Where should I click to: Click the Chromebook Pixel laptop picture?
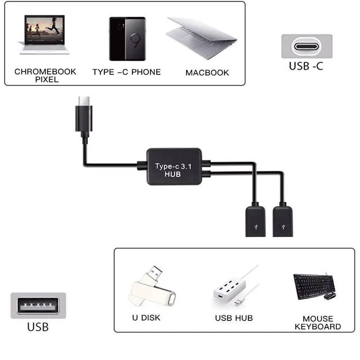click(44, 35)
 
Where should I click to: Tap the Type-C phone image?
click(127, 39)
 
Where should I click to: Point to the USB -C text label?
click(306, 67)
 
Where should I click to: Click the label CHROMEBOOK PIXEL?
click(45, 75)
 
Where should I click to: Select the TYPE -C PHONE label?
click(126, 72)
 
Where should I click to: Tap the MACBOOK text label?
click(207, 72)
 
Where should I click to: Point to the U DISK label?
click(146, 318)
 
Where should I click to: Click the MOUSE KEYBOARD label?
click(318, 322)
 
